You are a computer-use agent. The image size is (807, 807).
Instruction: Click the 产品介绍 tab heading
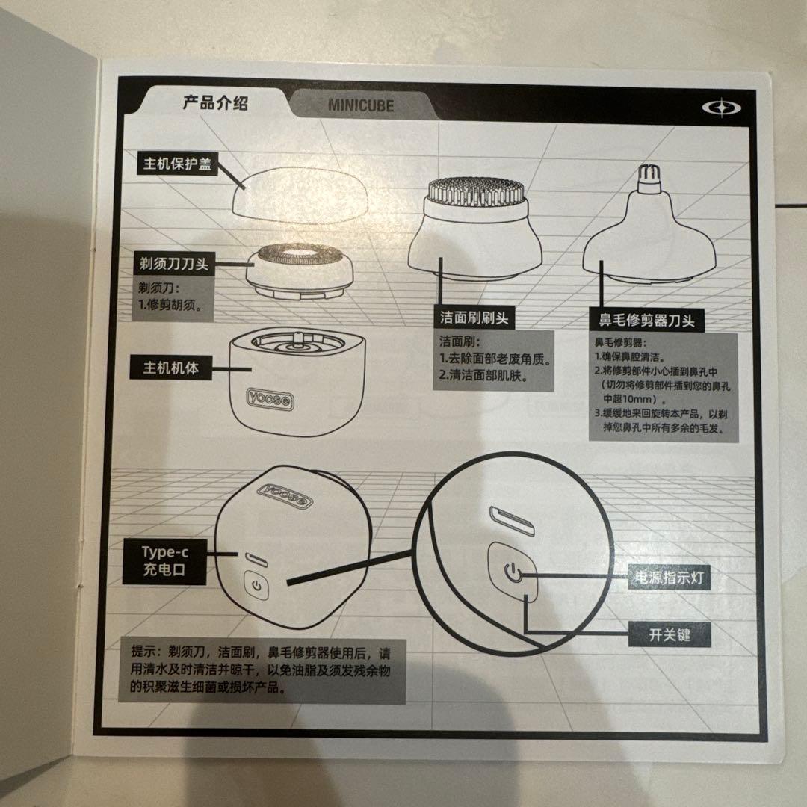(215, 103)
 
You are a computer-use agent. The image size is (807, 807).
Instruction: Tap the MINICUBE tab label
(360, 105)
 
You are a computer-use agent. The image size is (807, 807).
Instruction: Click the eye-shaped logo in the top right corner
(722, 108)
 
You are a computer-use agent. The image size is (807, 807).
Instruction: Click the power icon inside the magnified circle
(512, 573)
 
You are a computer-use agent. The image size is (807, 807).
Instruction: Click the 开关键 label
(669, 635)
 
